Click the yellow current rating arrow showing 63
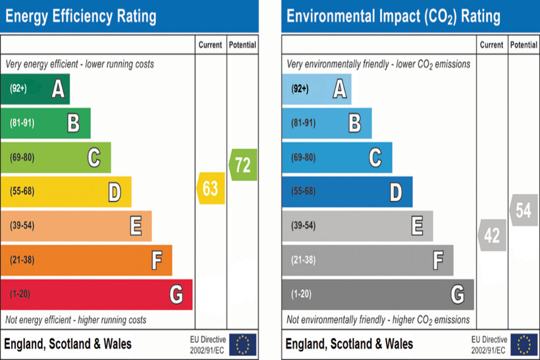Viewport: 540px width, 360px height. tap(211, 189)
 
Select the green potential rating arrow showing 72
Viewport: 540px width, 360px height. tap(243, 165)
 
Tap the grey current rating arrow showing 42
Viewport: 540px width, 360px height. tap(492, 235)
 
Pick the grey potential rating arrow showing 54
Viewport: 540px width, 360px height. tap(524, 211)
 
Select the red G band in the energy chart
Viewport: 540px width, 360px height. tap(96, 294)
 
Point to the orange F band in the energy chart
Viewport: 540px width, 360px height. tap(86, 260)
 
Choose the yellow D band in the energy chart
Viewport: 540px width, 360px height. tap(66, 192)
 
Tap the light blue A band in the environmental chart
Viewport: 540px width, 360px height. tap(316, 89)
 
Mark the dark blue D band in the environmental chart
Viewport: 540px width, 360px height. tap(347, 192)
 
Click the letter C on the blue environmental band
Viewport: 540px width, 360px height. tap(375, 157)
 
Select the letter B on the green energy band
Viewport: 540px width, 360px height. tap(74, 123)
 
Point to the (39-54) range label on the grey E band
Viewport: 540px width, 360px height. tap(303, 226)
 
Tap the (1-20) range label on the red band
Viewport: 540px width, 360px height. tap(20, 294)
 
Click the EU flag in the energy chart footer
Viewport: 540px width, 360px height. tap(243, 344)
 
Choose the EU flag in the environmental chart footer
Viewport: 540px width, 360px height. tap(524, 344)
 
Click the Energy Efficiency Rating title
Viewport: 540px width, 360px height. tap(81, 16)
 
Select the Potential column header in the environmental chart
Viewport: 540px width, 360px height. tap(524, 45)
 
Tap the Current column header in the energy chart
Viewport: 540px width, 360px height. tap(211, 45)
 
